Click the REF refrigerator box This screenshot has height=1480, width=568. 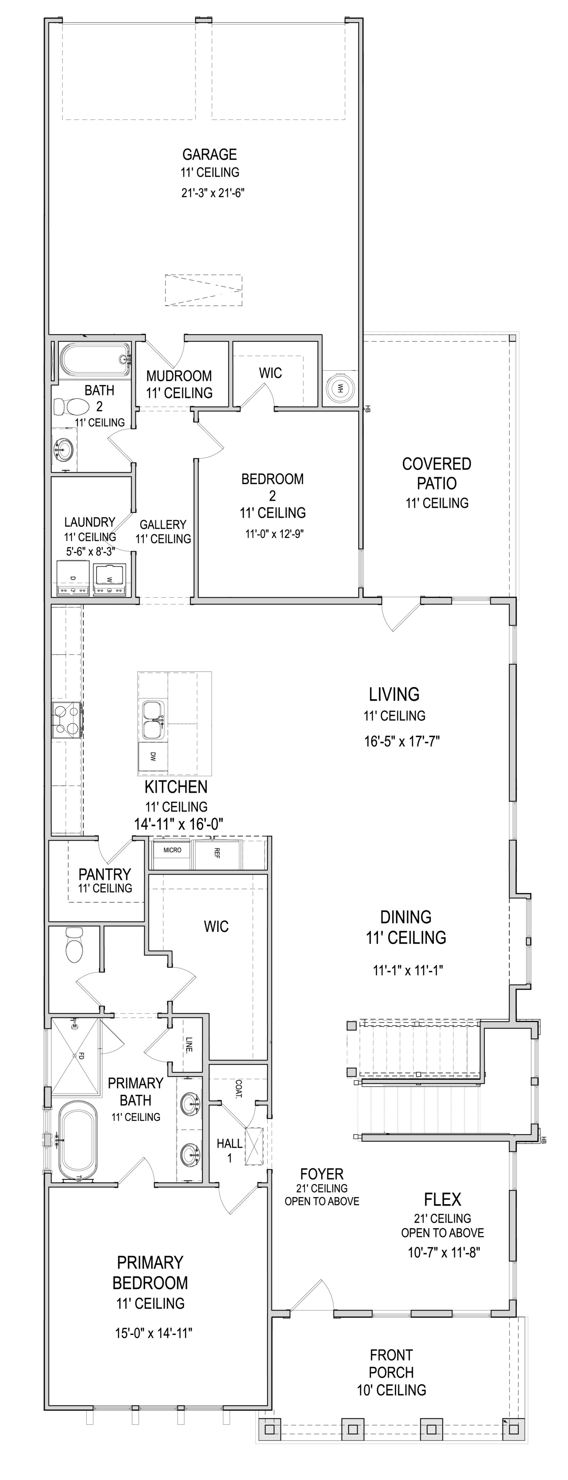click(217, 854)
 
